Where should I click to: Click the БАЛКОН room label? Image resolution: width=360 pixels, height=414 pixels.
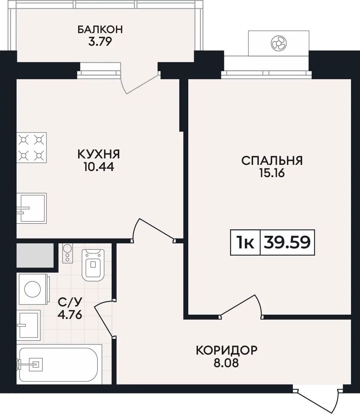click(x=100, y=29)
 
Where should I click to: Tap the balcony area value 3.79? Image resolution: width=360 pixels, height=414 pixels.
click(x=100, y=41)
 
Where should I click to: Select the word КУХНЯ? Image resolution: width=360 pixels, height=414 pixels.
click(x=99, y=154)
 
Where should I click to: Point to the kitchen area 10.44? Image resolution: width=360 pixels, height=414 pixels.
click(x=99, y=167)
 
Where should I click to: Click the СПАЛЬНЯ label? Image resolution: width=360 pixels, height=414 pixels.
click(x=272, y=161)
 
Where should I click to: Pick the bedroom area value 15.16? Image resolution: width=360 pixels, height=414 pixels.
click(x=272, y=173)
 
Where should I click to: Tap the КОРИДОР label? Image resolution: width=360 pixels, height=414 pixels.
click(x=226, y=350)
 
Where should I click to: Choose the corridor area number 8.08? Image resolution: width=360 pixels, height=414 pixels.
click(x=226, y=363)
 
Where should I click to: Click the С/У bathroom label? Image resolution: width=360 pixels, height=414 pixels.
click(x=70, y=302)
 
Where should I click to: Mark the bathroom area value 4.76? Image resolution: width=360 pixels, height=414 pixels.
click(x=70, y=315)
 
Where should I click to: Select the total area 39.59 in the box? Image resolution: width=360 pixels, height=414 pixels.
click(x=287, y=242)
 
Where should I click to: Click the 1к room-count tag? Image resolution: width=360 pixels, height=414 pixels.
click(x=246, y=242)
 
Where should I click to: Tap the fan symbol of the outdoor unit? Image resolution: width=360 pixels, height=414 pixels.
click(x=279, y=43)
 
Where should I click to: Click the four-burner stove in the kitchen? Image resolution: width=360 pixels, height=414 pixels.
click(x=32, y=148)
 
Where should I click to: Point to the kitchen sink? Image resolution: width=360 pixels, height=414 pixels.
click(x=32, y=208)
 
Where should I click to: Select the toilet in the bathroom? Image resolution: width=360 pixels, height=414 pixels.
click(x=93, y=265)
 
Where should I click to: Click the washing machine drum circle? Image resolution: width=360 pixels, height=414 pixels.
click(x=32, y=289)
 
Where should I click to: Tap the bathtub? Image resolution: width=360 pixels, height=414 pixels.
click(x=59, y=364)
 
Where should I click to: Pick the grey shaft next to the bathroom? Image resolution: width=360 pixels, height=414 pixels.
click(x=35, y=255)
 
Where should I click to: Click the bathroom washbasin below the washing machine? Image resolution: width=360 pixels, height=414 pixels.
click(x=29, y=325)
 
